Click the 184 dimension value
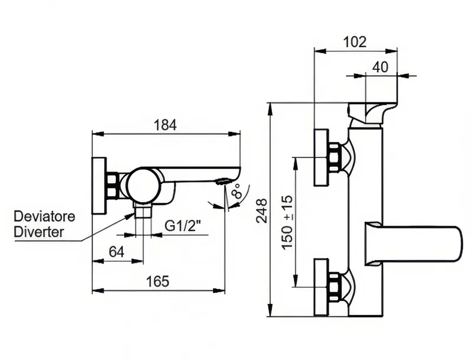[165, 125]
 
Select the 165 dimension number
[157, 281]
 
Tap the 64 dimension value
[116, 252]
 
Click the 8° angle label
[237, 191]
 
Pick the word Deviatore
[45, 216]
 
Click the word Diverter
[39, 232]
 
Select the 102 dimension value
[355, 42]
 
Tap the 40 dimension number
[380, 67]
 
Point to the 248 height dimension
[262, 210]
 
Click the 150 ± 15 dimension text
[287, 223]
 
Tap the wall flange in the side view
[99, 186]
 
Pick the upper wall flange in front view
[321, 157]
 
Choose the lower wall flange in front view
[321, 287]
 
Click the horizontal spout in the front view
[414, 244]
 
